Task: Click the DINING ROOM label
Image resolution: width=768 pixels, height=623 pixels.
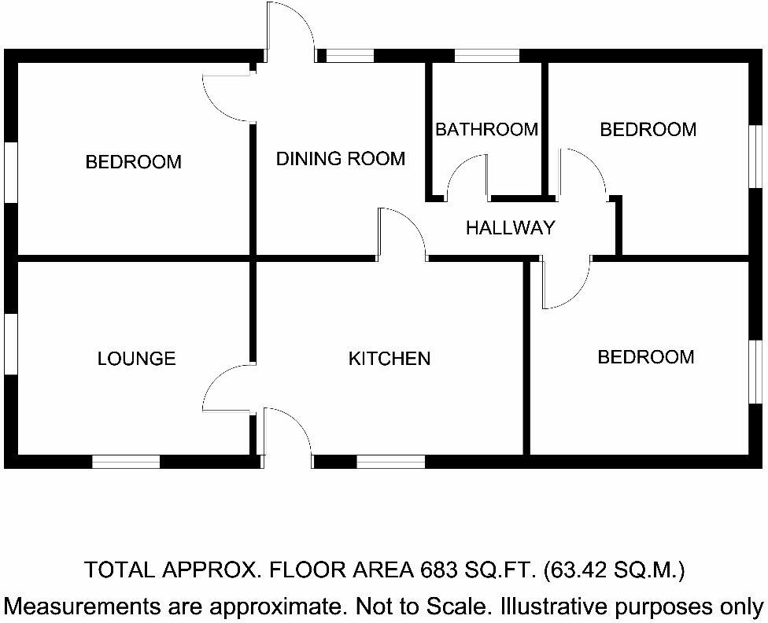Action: (341, 159)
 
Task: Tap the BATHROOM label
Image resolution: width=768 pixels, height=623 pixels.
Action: (486, 129)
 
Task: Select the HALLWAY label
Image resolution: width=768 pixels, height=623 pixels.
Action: (510, 228)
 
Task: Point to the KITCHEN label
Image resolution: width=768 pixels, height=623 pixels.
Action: (390, 359)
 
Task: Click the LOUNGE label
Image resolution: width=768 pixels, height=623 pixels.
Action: (136, 359)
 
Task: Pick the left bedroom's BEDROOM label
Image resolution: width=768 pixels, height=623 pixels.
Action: (133, 162)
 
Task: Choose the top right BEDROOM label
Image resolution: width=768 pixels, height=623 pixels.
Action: (648, 129)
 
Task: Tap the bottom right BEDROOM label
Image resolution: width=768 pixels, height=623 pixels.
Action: (646, 357)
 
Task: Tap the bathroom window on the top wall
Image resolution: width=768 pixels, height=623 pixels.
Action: (486, 56)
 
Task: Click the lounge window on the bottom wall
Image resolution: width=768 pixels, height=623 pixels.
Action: (126, 462)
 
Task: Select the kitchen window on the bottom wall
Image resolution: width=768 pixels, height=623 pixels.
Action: (390, 462)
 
